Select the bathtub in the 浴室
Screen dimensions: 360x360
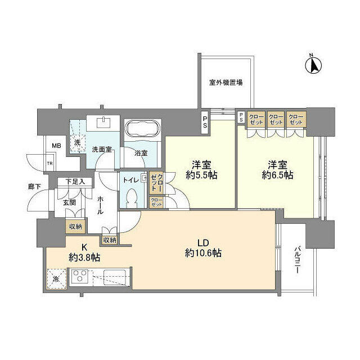[142, 130]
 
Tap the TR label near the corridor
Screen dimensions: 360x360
[50, 164]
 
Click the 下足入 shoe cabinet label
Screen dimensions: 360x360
[75, 181]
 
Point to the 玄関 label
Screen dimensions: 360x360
[69, 202]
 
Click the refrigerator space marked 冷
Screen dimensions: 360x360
[56, 278]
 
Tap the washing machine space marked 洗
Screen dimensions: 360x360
[78, 141]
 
